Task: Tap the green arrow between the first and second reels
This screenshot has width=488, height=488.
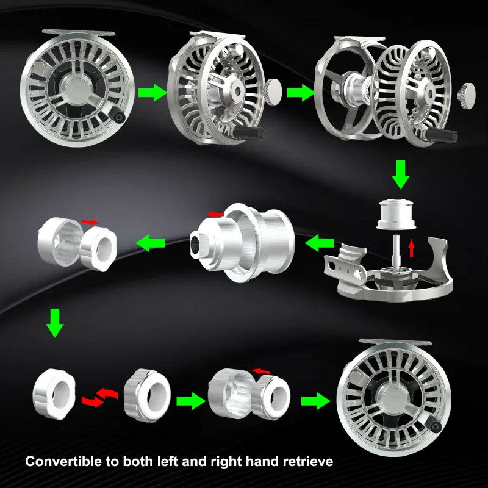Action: tap(151, 93)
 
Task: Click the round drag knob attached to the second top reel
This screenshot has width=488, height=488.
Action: tap(273, 90)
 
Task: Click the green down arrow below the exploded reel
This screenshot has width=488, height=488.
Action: tap(400, 174)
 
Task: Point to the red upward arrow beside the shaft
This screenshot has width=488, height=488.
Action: tap(411, 248)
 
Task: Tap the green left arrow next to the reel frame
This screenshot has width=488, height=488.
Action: tap(318, 244)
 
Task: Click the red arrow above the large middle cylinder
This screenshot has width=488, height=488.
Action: tap(217, 213)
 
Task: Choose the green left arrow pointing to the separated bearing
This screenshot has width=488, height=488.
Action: tap(151, 243)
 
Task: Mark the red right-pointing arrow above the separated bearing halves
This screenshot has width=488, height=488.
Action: tap(89, 221)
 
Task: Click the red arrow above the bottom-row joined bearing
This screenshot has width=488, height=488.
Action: tap(262, 370)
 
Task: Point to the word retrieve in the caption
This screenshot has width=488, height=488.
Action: tap(305, 462)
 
